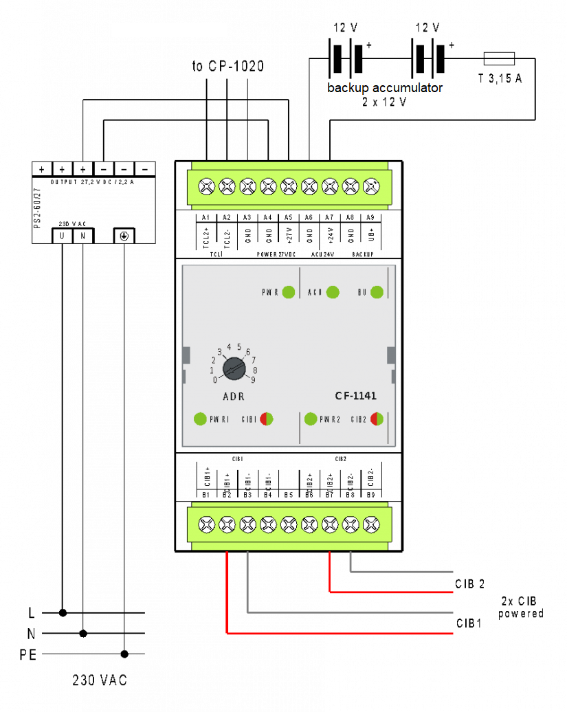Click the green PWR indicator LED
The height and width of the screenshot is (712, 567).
tap(289, 292)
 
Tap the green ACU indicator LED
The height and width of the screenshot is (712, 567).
tap(333, 292)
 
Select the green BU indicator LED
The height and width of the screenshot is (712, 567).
tap(377, 292)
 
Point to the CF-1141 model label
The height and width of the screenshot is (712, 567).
tap(355, 396)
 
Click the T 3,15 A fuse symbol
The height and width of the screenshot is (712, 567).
tap(500, 58)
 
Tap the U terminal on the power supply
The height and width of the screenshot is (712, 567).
tap(63, 236)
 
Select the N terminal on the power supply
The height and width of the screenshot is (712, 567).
tap(83, 236)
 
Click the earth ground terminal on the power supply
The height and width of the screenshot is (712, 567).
tap(124, 236)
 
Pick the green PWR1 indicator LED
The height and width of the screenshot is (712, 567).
tap(201, 419)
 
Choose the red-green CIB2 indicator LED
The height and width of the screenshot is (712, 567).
tap(377, 419)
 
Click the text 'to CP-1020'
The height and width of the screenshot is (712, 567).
tap(227, 67)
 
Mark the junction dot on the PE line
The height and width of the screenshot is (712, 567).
tap(124, 654)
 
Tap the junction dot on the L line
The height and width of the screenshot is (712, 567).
tap(63, 612)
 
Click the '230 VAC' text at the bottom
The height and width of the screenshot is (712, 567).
tap(100, 680)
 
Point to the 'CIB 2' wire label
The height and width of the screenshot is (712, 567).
tap(470, 584)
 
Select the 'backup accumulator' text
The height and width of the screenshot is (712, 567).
tap(385, 88)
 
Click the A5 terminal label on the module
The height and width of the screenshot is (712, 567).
tap(289, 217)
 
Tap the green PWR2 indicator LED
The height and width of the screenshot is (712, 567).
tap(311, 419)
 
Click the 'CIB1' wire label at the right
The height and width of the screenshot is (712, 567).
tap(469, 624)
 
